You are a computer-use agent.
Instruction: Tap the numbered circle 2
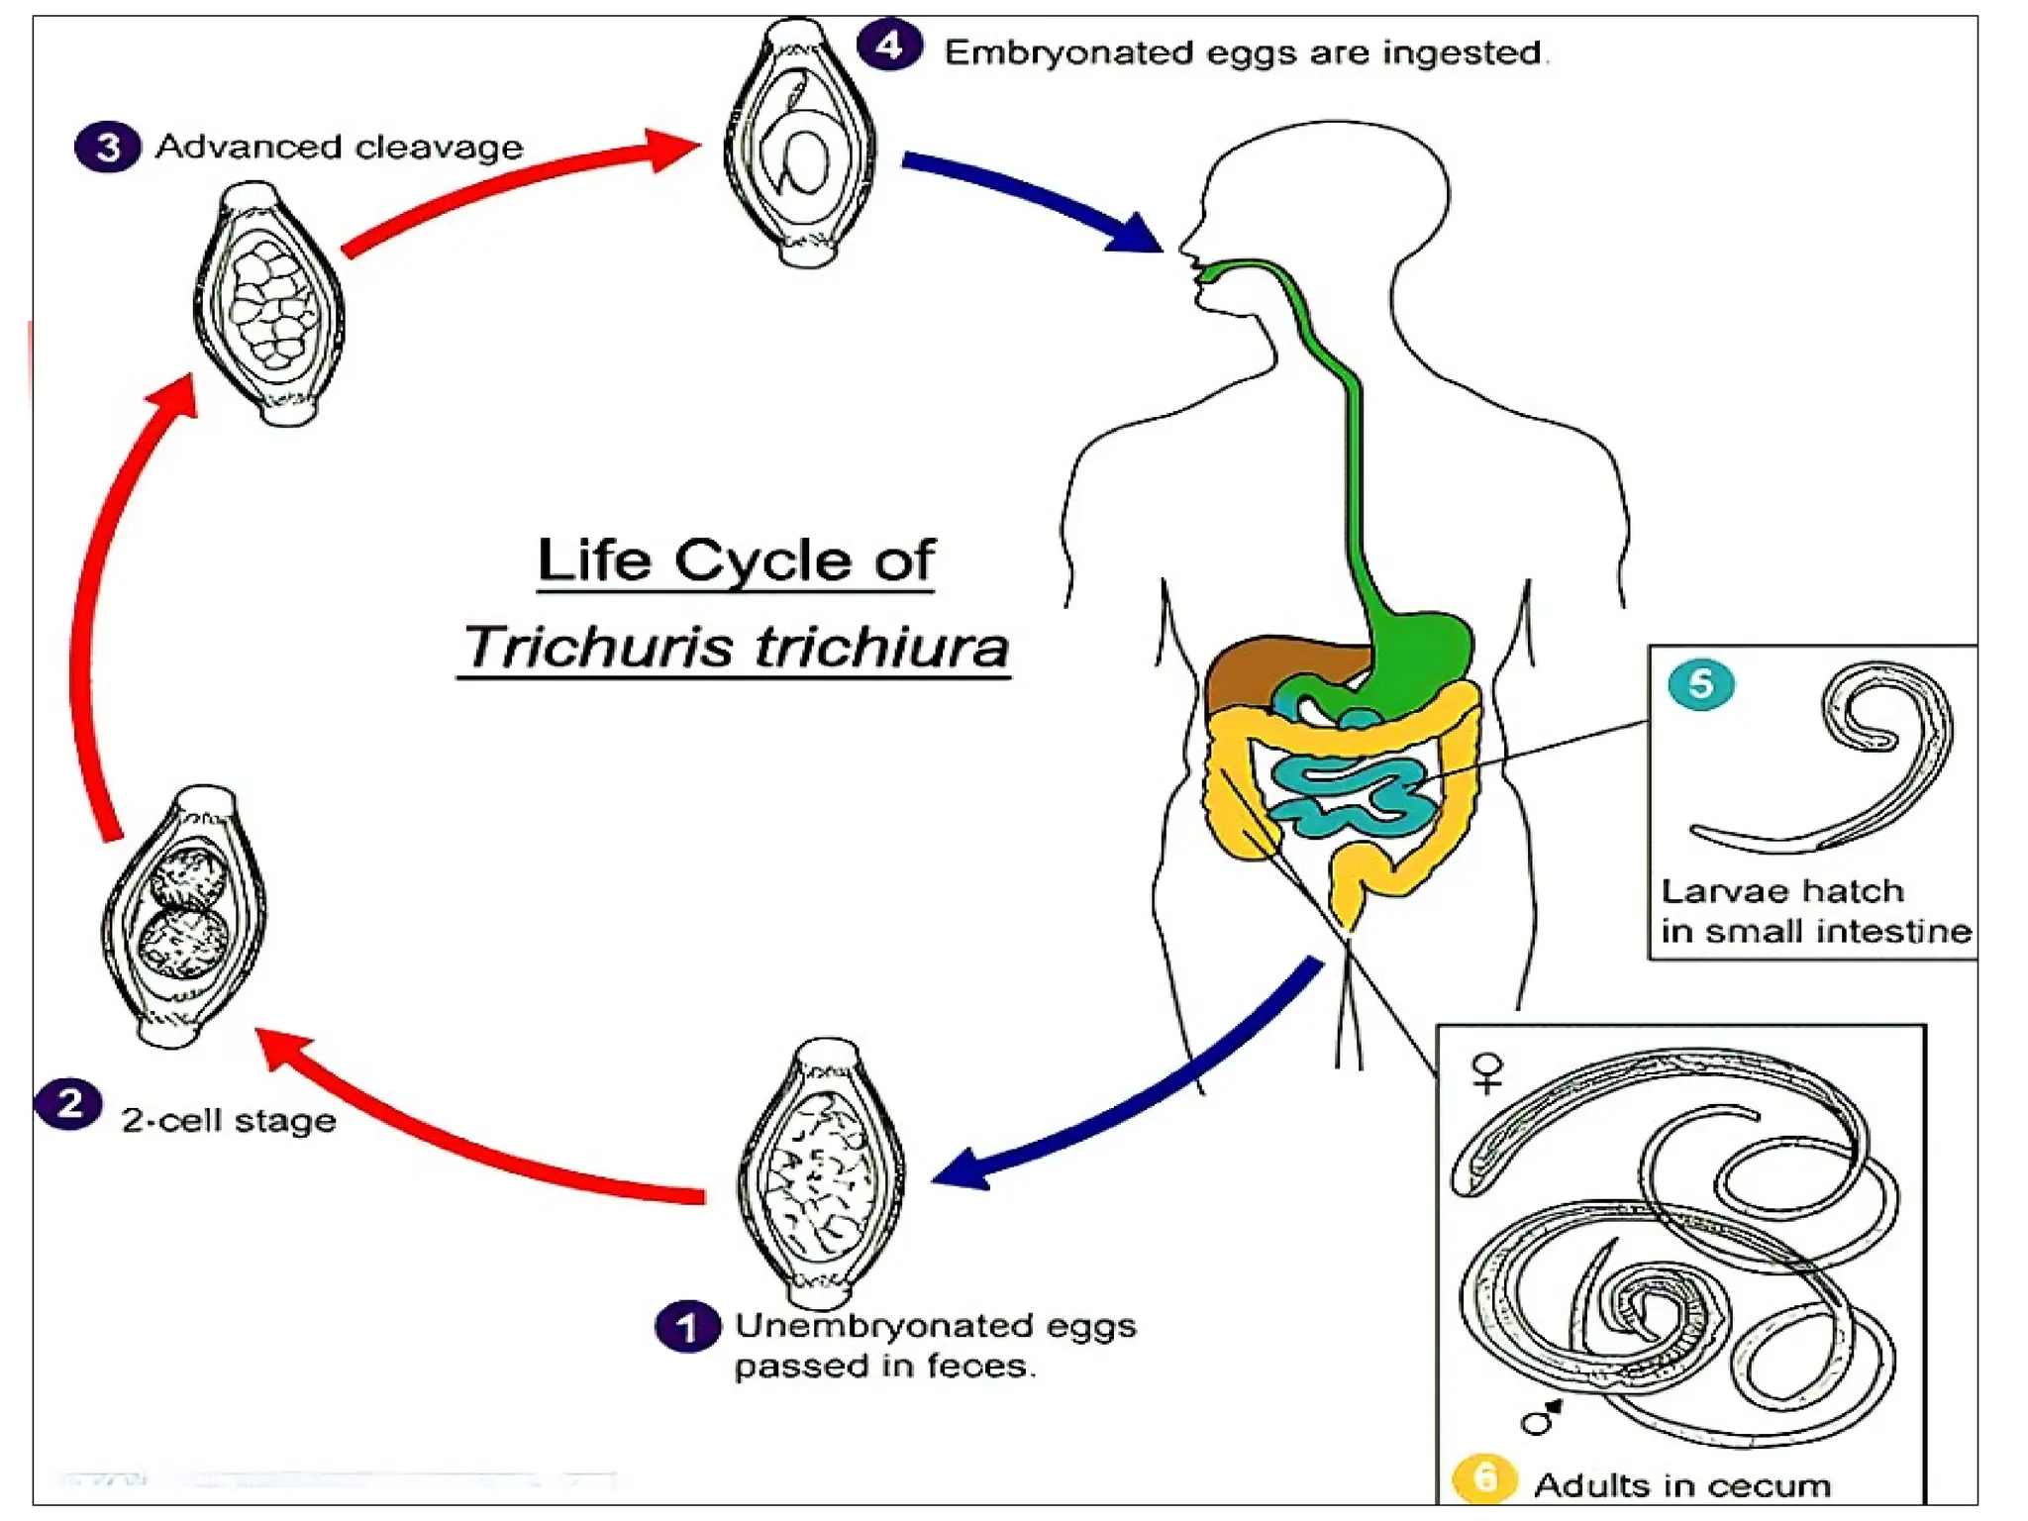68,1104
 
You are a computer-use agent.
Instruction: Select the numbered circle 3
108,147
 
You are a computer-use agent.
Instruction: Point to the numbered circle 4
889,45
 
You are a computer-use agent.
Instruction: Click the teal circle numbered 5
1700,683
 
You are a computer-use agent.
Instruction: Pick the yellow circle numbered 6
1483,1478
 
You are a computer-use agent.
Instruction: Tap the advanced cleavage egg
269,304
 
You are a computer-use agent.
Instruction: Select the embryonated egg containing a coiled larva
800,145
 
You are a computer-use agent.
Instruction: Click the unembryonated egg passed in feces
822,1174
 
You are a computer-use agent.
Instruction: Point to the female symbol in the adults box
1487,1072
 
